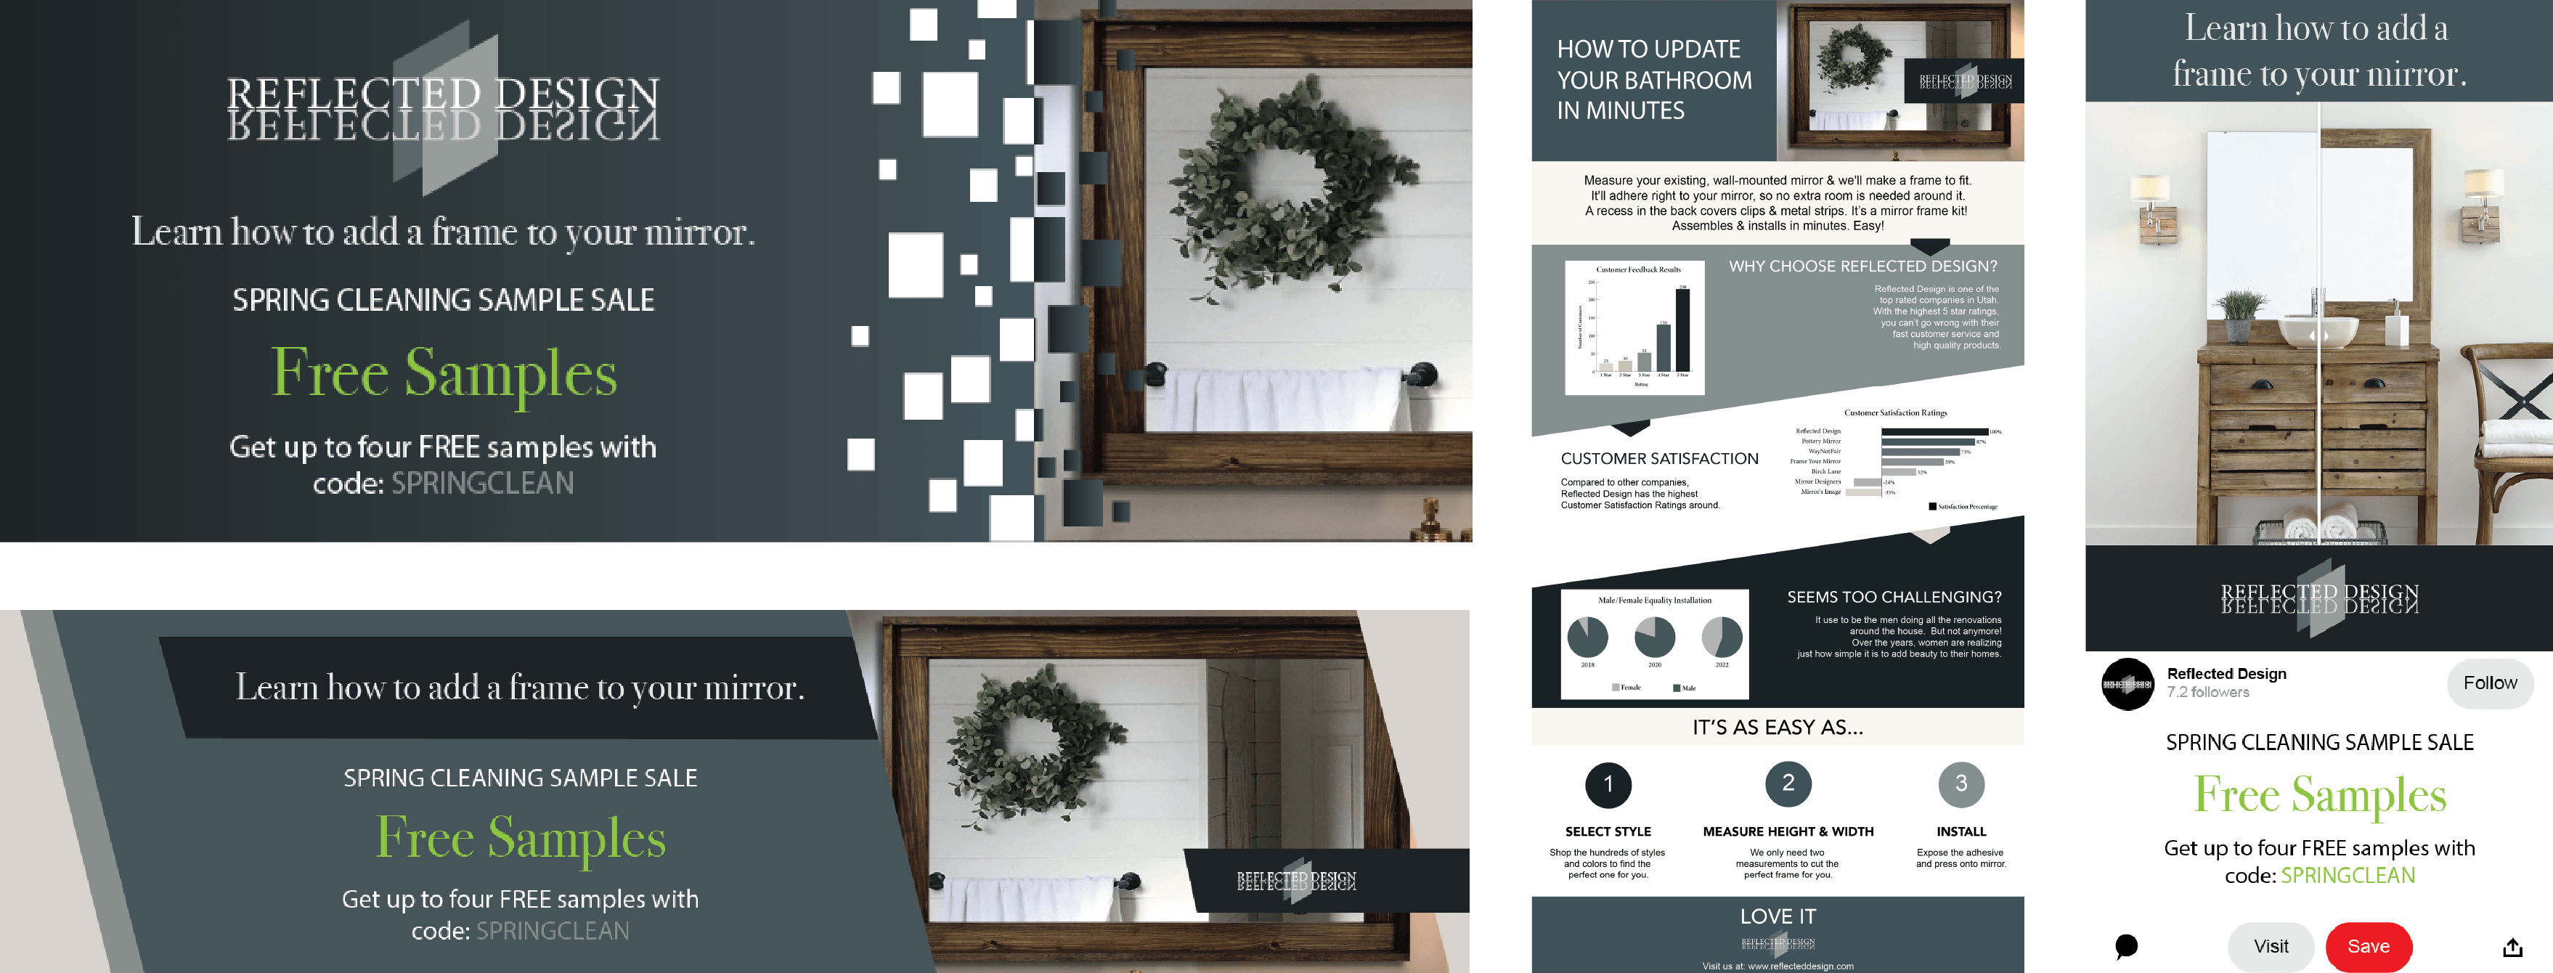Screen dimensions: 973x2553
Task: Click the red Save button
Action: coord(2368,946)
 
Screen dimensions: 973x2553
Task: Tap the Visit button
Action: coord(2271,946)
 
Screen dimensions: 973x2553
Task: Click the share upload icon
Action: coord(2512,948)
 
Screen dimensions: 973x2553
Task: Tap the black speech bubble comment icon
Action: coord(2126,946)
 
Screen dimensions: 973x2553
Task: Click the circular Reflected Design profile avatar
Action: coord(2127,684)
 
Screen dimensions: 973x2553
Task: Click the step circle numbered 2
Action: coord(1788,783)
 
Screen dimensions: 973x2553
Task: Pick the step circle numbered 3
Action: coord(1960,783)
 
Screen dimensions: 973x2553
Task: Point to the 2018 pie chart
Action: coord(1588,637)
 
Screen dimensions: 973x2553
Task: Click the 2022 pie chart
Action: coord(1722,637)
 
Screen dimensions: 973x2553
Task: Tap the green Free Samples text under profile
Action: coord(2319,794)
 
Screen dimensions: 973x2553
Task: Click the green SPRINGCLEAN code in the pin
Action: coord(2347,876)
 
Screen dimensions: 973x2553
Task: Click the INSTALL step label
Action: coord(1960,831)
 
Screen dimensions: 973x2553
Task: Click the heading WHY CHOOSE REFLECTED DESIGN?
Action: coord(1862,266)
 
